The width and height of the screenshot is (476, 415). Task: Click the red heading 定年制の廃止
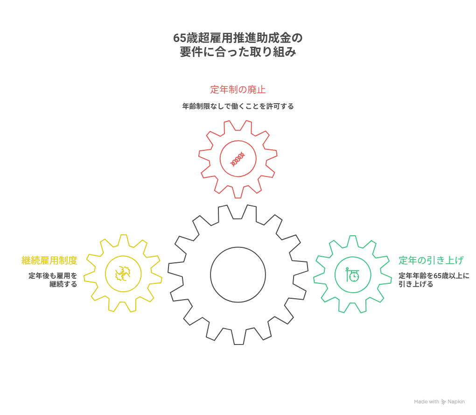(x=238, y=90)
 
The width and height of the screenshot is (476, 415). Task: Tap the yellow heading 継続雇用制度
(x=49, y=260)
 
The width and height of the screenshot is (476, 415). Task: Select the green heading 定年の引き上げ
(x=431, y=260)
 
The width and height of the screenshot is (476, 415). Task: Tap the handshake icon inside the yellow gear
(x=123, y=274)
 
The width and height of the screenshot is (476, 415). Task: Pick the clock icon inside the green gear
(x=352, y=274)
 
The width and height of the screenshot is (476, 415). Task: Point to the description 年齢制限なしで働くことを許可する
(x=238, y=106)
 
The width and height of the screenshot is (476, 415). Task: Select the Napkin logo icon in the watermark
(x=443, y=401)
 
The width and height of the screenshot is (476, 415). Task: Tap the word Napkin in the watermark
(x=456, y=401)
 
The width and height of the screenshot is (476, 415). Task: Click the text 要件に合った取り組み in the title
(x=238, y=52)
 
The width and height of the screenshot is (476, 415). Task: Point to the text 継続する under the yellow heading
(x=63, y=284)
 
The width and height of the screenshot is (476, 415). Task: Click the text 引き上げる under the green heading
(x=416, y=284)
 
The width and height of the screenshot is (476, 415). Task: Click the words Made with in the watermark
(x=427, y=401)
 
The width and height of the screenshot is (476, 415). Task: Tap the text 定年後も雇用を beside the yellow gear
(x=53, y=275)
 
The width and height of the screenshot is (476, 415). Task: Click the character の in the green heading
(x=422, y=260)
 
